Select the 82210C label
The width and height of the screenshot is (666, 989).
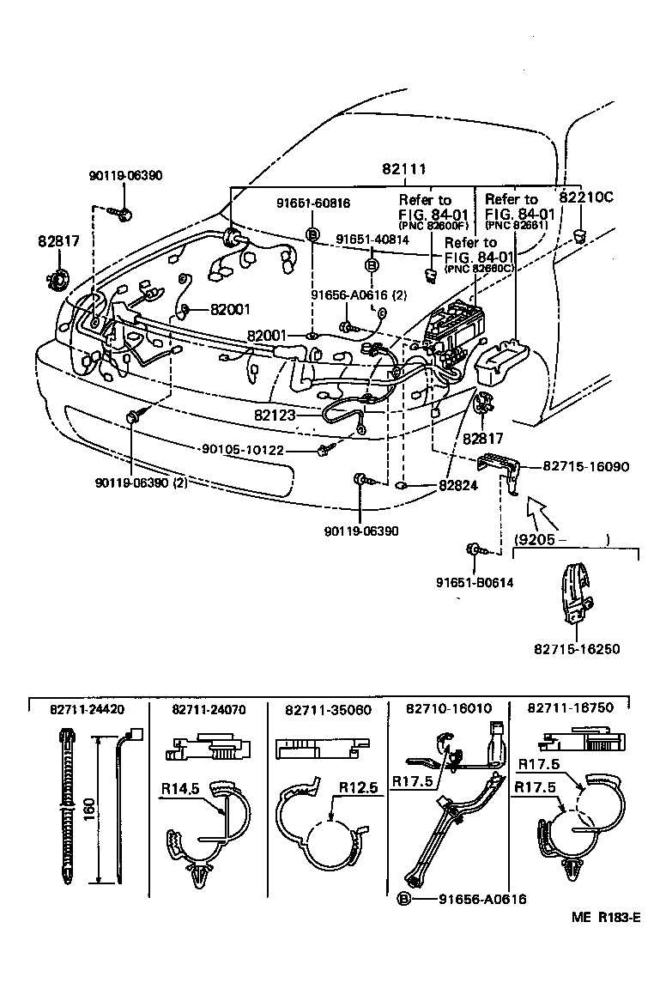point(586,196)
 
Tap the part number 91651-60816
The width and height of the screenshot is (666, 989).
point(312,203)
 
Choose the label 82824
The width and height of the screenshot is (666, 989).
point(458,485)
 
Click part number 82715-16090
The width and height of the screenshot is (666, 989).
point(586,467)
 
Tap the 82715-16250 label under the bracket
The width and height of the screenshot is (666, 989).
point(577,649)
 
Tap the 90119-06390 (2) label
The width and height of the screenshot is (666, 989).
point(142,482)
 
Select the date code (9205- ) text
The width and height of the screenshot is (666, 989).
point(561,540)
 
